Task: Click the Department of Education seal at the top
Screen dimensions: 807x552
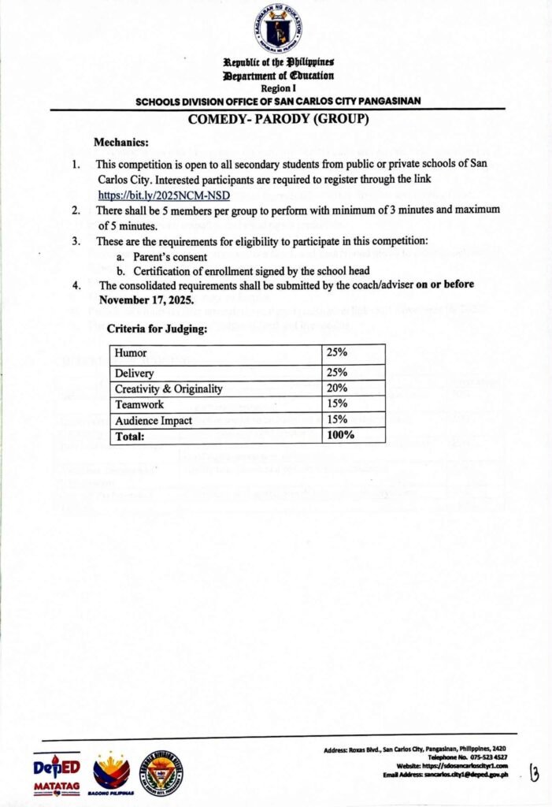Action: [x=279, y=30]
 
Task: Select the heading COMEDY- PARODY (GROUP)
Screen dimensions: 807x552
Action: [x=279, y=120]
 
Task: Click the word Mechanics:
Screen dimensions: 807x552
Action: [x=120, y=143]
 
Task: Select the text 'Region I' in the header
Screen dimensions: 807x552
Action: [x=277, y=89]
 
